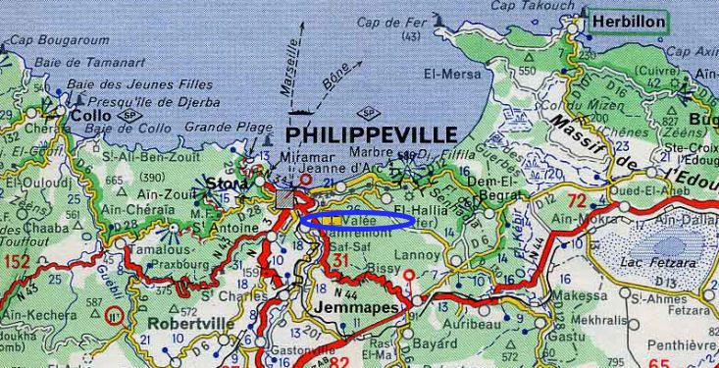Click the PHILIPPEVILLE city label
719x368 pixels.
pos(372,134)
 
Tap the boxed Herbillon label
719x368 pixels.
pos(628,22)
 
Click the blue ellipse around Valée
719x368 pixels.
pos(356,220)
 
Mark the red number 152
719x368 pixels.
pos(18,261)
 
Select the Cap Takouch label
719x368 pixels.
pos(535,6)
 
